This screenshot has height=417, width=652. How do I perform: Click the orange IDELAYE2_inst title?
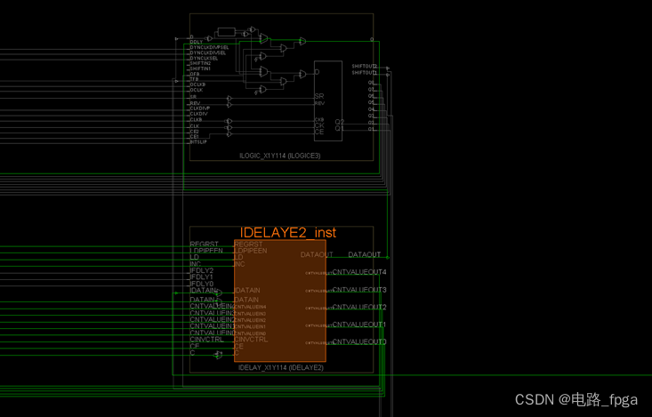pyautogui.click(x=288, y=232)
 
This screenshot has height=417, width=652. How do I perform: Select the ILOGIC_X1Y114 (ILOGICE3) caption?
pyautogui.click(x=279, y=156)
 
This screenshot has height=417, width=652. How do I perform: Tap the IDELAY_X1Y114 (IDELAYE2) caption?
pyautogui.click(x=280, y=367)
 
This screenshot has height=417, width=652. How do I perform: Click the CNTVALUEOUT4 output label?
pyautogui.click(x=359, y=272)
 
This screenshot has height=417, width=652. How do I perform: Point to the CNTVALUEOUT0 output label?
pyautogui.click(x=359, y=342)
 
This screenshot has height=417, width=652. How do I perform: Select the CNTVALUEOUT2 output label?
pyautogui.click(x=359, y=308)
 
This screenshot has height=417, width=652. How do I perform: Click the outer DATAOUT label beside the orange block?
pyautogui.click(x=364, y=255)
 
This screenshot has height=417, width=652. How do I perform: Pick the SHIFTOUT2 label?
pyautogui.click(x=364, y=66)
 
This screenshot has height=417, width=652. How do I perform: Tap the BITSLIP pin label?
pyautogui.click(x=197, y=141)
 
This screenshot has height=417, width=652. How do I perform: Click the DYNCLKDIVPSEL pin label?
pyautogui.click(x=208, y=46)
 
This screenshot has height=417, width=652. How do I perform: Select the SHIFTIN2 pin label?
pyautogui.click(x=199, y=63)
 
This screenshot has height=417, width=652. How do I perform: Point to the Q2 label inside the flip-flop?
pyautogui.click(x=339, y=122)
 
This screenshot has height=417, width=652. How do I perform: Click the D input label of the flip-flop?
pyautogui.click(x=318, y=72)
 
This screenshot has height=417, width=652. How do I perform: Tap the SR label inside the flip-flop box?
pyautogui.click(x=319, y=96)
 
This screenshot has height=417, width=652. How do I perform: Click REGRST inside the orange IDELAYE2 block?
pyautogui.click(x=249, y=244)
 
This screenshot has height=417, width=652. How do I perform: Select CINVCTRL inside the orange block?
pyautogui.click(x=251, y=339)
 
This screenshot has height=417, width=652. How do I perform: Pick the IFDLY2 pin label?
pyautogui.click(x=201, y=270)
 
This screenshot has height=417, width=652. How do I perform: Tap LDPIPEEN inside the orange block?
pyautogui.click(x=251, y=251)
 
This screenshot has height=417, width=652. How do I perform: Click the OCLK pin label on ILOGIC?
pyautogui.click(x=196, y=90)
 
